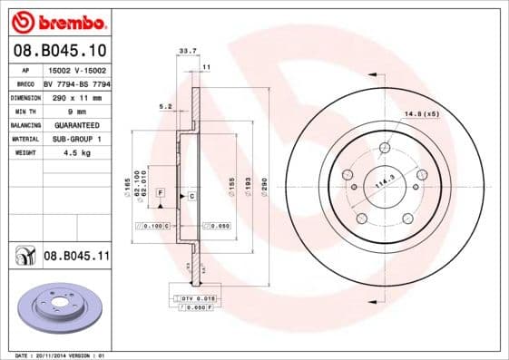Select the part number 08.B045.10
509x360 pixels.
click(60, 50)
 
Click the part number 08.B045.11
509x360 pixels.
click(76, 257)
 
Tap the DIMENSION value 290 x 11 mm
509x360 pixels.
click(77, 97)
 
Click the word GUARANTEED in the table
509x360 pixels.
click(77, 124)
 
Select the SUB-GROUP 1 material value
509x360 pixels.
click(77, 139)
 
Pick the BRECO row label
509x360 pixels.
click(26, 83)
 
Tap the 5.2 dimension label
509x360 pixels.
click(164, 106)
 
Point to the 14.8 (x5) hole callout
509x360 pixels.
click(422, 113)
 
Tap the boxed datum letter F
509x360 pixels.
click(160, 194)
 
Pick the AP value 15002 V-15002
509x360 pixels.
click(77, 69)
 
